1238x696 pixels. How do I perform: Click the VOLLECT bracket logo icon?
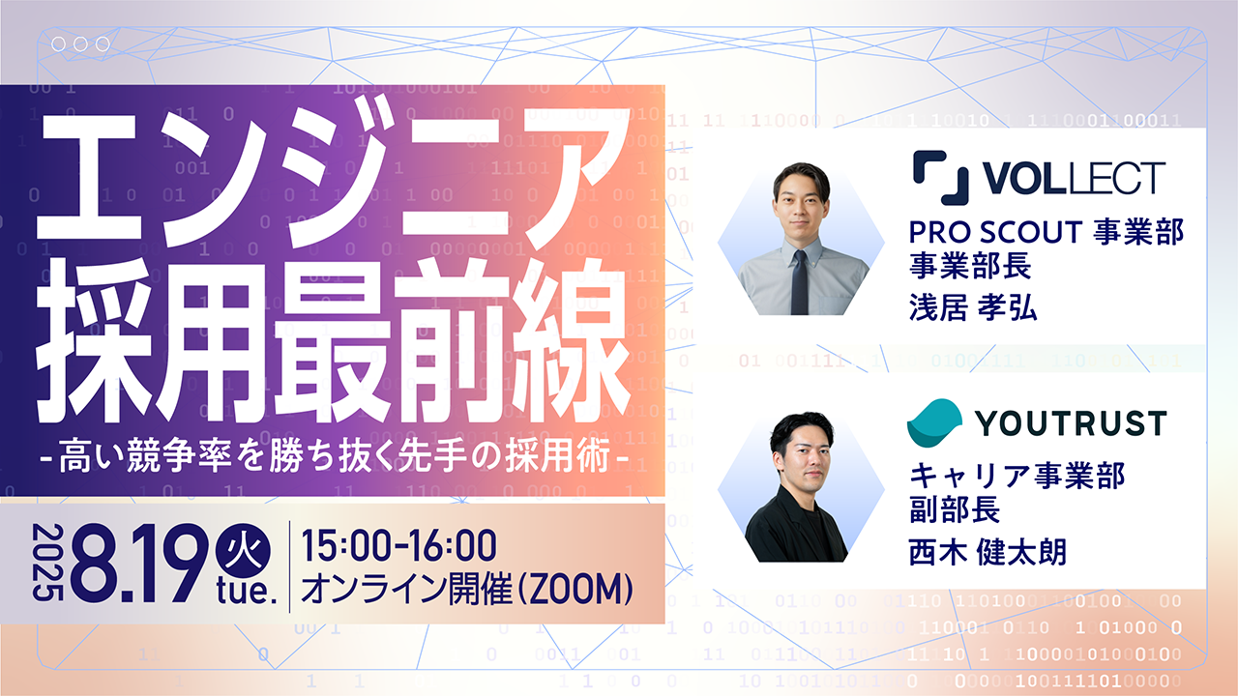(941, 178)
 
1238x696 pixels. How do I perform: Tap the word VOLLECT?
(1074, 178)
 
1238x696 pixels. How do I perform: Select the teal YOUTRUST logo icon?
(934, 422)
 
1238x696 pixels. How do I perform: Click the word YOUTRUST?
(1071, 423)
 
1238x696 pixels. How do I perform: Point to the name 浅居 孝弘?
(973, 307)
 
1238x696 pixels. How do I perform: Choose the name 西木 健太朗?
(987, 552)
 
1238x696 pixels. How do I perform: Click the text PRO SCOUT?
(995, 232)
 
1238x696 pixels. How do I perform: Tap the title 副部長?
(955, 508)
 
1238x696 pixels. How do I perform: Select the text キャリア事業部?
(1017, 475)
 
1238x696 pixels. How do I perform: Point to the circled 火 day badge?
(243, 552)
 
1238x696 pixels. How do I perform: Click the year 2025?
(47, 563)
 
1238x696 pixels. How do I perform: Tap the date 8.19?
(139, 564)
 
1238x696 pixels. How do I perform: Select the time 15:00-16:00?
(398, 546)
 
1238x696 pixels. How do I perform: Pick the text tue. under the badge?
(247, 593)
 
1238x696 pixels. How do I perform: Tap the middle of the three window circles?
(80, 44)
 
